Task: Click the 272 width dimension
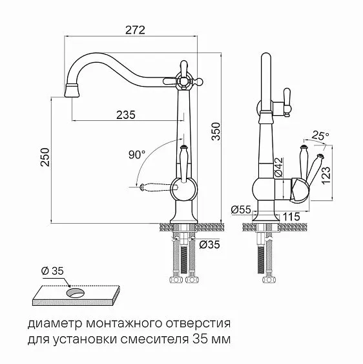pos(134,30)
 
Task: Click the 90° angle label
pos(137,155)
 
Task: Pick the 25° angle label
pos(320,136)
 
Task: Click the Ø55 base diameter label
pos(240,210)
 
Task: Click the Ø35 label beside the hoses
pos(209,244)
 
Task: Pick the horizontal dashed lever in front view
pos(156,187)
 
